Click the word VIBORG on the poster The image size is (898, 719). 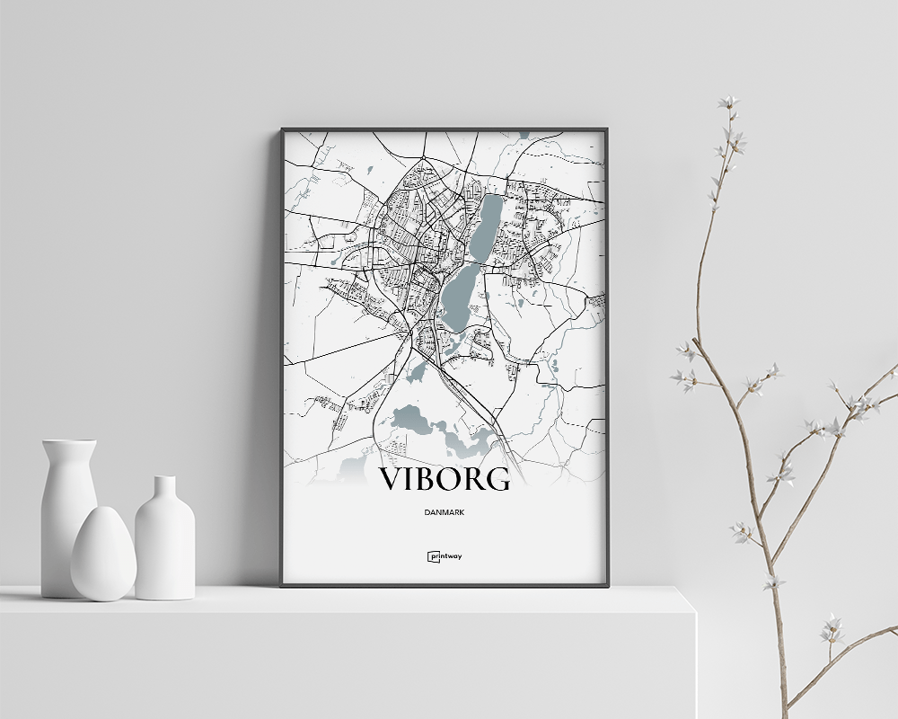(444, 479)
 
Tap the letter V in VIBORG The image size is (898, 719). (392, 479)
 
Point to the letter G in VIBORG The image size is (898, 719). (498, 479)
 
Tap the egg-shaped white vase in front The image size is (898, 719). (103, 554)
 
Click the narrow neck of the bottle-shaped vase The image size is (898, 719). (164, 490)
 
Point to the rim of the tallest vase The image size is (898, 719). (68, 442)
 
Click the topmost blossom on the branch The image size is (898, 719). (727, 102)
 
